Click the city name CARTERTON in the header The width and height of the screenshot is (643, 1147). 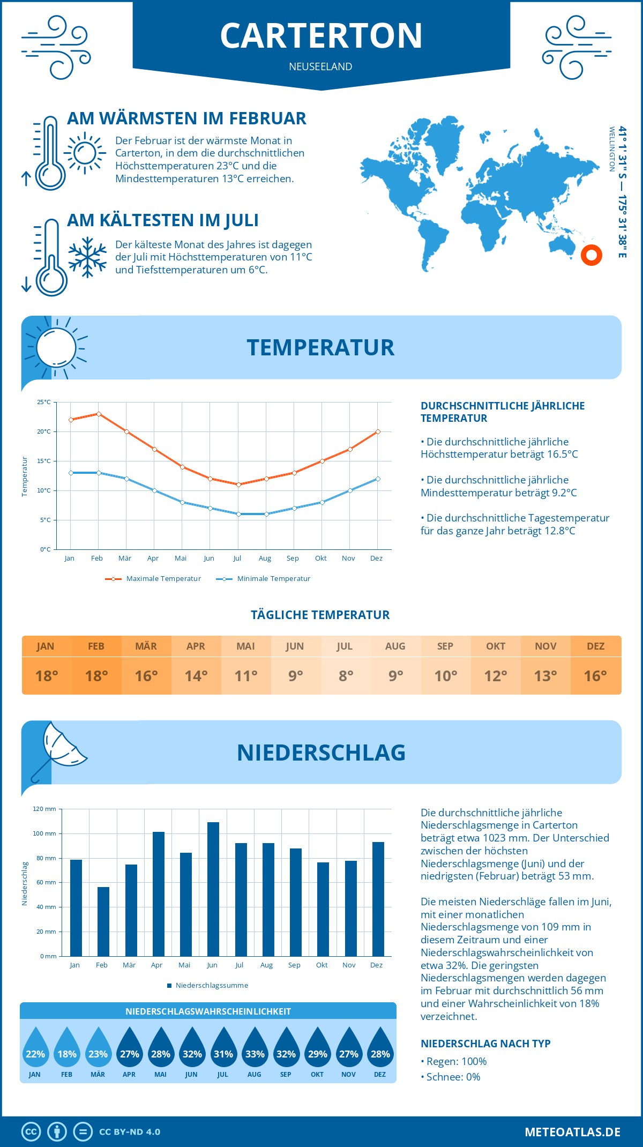[x=321, y=35]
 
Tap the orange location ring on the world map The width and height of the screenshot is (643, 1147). [x=592, y=255]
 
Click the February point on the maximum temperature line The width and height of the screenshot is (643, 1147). [x=99, y=414]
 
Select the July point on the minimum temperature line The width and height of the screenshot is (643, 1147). [x=238, y=514]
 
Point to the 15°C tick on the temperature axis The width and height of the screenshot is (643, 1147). [x=44, y=461]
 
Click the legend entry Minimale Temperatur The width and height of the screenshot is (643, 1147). [x=273, y=579]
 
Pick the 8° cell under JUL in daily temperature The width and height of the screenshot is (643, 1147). [x=346, y=676]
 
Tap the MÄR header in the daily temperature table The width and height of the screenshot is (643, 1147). [x=146, y=646]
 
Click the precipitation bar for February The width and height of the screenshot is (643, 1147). [x=103, y=922]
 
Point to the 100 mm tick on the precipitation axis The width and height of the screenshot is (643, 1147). [x=44, y=833]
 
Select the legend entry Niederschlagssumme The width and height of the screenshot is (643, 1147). [x=211, y=986]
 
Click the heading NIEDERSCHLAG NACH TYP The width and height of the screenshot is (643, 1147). [x=485, y=1044]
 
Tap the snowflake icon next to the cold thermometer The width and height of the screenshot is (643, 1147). [x=87, y=257]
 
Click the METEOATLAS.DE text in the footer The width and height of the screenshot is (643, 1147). [x=572, y=1132]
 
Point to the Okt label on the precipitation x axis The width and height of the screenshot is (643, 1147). [x=322, y=965]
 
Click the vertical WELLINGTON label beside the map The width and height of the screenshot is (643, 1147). [x=611, y=149]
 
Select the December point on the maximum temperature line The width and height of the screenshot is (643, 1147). [x=378, y=431]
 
